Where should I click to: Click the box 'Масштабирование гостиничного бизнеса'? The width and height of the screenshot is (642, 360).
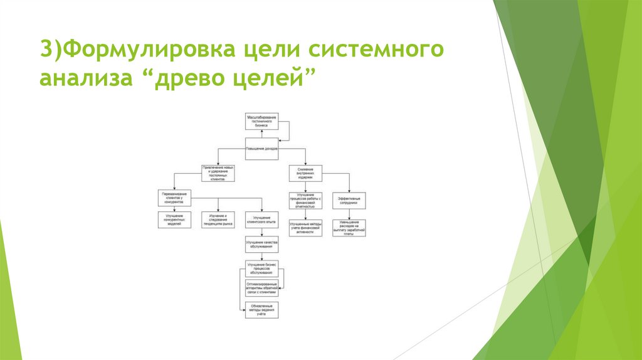coord(261,121)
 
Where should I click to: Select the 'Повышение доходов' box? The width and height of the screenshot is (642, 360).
coord(261,149)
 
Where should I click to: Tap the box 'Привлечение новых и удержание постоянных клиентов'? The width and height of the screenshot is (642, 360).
coord(218,173)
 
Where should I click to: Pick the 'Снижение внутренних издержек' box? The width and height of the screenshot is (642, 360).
coord(305,173)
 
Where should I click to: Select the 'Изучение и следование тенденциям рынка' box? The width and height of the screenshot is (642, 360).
coord(218,220)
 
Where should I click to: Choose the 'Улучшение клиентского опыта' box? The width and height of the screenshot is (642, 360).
coord(261,220)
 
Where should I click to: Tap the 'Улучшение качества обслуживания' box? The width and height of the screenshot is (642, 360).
coord(261,244)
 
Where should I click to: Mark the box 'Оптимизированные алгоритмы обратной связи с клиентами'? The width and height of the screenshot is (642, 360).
coord(261,287)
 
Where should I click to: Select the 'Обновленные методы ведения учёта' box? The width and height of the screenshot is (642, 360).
coord(261,310)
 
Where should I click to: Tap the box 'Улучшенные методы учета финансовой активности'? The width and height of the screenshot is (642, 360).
coord(305,228)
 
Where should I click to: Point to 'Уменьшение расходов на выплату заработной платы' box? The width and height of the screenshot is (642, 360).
coord(349,228)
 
